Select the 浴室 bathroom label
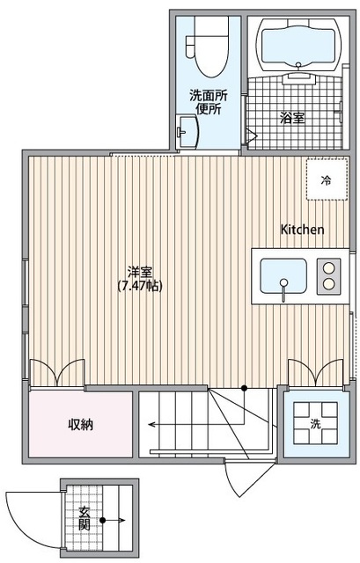[x=292, y=117]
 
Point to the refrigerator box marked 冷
[x=326, y=180]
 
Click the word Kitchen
[x=302, y=230]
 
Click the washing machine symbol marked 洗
[x=314, y=423]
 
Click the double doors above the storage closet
[x=57, y=370]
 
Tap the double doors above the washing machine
[x=314, y=370]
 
